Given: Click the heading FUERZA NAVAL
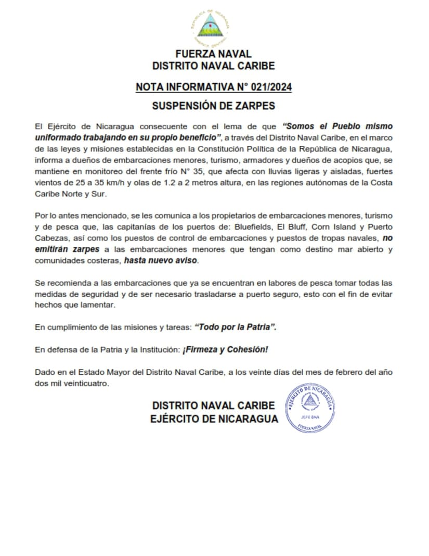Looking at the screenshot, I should tap(213, 54).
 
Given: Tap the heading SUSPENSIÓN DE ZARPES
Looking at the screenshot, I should tap(213, 106).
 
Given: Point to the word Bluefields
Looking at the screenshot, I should tap(254, 227).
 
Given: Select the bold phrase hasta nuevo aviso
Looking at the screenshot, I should tap(161, 261).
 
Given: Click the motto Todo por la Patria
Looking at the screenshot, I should tap(236, 327).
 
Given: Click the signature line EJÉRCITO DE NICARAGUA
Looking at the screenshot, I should tap(215, 419).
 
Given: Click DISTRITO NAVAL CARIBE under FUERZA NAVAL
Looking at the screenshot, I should tap(213, 66).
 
